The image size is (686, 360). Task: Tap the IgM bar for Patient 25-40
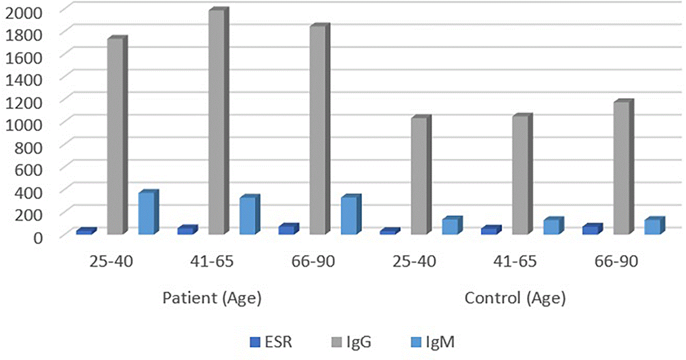[x=149, y=212]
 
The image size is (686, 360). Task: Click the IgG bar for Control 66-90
[x=624, y=167]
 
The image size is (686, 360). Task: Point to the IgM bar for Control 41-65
[x=554, y=226]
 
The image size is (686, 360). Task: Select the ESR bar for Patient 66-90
[x=289, y=229]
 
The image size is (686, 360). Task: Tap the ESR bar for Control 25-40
[x=390, y=231]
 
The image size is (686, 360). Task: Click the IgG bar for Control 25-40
[x=421, y=175]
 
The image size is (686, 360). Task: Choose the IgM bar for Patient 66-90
[x=351, y=214]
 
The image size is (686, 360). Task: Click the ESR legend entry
[x=271, y=342]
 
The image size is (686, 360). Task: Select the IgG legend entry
[x=352, y=342]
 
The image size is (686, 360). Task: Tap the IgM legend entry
[x=432, y=342]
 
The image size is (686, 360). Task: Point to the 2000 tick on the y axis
[x=23, y=12]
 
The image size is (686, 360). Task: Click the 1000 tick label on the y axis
[x=23, y=125]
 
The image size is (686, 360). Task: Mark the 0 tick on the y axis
[x=38, y=238]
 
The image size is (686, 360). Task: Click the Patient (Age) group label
[x=212, y=298]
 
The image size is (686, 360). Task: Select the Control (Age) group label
[x=515, y=298]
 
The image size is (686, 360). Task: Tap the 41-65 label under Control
[x=515, y=261]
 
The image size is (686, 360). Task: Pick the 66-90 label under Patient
[x=313, y=261]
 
